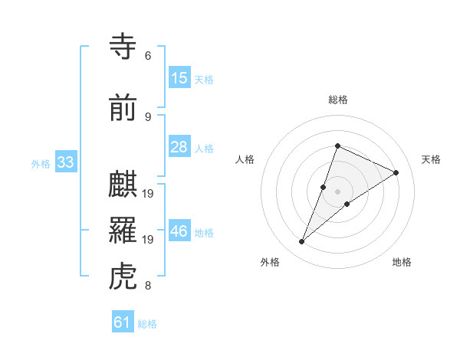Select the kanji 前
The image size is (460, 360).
pos(125,108)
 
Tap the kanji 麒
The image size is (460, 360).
pos(125,185)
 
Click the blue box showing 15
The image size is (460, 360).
pos(179,78)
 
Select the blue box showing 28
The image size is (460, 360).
pos(179,147)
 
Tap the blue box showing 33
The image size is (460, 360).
pos(65,162)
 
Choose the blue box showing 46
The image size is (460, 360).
pos(179,231)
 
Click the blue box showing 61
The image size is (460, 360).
pos(123,322)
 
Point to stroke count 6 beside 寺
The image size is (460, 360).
pos(148,56)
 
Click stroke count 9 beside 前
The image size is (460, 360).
pos(148,116)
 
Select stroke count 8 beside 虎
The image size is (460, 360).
pos(148,286)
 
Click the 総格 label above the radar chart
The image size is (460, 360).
pos(337,100)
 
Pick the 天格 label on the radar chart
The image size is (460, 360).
pos(431,159)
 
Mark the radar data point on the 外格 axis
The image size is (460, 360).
pos(302,242)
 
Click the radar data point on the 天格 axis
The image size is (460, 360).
pos(396,173)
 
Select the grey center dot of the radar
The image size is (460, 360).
pos(337,191)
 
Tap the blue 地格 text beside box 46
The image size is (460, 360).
pos(204,232)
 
